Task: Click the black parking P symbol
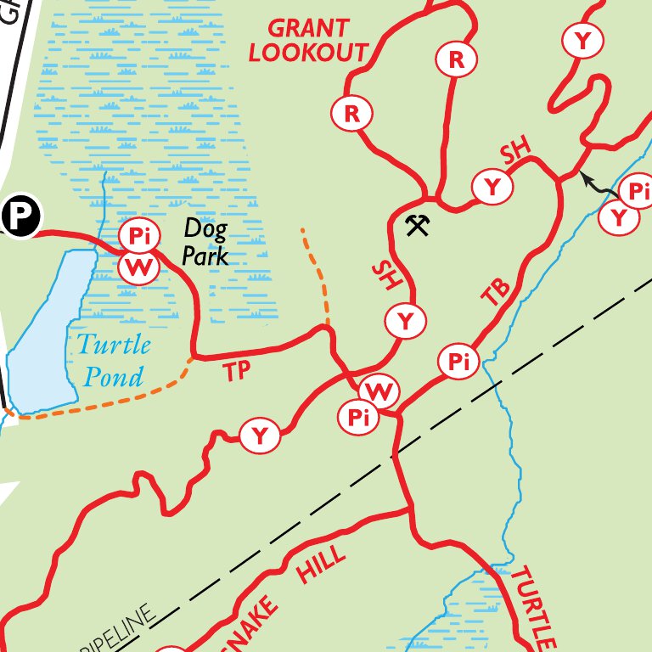19,217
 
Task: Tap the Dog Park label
205,241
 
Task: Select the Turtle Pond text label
113,360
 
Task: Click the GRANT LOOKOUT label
308,40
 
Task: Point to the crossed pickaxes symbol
417,226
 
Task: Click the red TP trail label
239,371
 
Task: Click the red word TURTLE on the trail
533,606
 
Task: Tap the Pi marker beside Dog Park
139,235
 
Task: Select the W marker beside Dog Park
138,268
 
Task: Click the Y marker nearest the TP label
260,436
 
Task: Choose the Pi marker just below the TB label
458,363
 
